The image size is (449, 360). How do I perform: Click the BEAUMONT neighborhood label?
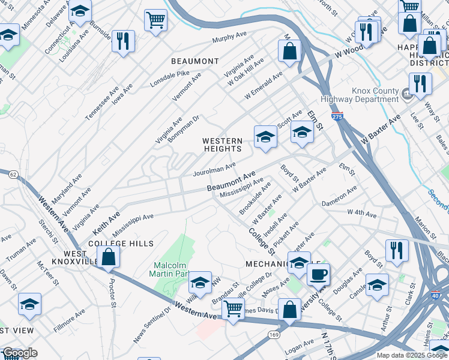[x=195, y=61]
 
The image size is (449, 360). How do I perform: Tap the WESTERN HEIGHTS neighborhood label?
[x=222, y=145]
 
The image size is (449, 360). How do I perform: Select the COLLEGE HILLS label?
[x=121, y=244]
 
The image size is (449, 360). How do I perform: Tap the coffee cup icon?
[x=318, y=274]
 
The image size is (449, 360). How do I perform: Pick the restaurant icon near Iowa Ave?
[x=123, y=41]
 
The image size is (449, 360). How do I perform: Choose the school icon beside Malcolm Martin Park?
[x=200, y=283]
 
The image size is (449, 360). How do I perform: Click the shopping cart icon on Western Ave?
[x=233, y=309]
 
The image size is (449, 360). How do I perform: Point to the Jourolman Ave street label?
[x=214, y=169]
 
